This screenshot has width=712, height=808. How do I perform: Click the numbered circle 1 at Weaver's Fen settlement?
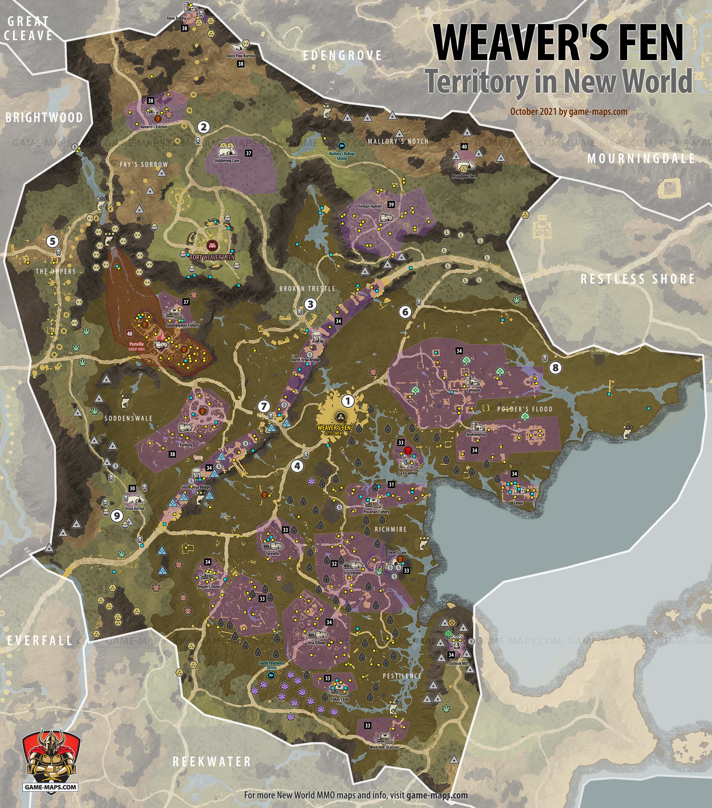click(348, 401)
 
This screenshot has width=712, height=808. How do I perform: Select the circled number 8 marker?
click(555, 367)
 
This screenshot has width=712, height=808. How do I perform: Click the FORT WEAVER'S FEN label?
click(212, 257)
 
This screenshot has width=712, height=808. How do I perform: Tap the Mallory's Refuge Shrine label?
click(342, 156)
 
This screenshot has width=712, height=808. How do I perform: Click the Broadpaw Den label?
click(464, 176)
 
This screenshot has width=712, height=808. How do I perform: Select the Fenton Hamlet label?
click(370, 206)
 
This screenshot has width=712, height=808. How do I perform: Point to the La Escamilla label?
click(408, 473)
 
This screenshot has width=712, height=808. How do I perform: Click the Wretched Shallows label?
click(384, 747)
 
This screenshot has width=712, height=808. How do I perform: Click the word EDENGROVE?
click(342, 56)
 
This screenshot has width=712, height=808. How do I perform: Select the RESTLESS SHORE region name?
click(637, 279)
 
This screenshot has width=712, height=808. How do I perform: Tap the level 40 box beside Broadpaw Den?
click(464, 147)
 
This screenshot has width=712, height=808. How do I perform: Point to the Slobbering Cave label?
click(227, 161)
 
